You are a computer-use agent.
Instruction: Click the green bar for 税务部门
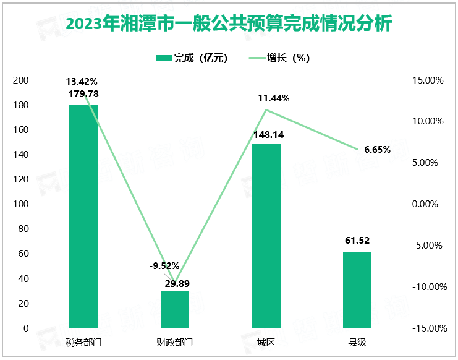pyautogui.click(x=83, y=216)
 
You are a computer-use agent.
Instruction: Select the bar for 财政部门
pyautogui.click(x=175, y=309)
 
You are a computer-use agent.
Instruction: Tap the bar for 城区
pyautogui.click(x=266, y=236)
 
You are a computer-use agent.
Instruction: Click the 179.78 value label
pyautogui.click(x=83, y=94)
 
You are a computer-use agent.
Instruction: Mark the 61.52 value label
pyautogui.click(x=357, y=241)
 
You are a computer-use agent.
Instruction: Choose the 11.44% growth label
pyautogui.click(x=274, y=98)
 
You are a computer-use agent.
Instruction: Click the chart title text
pyautogui.click(x=229, y=25)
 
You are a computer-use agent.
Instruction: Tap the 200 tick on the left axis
pyautogui.click(x=21, y=80)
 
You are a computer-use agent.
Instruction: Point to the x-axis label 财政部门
pyautogui.click(x=175, y=342)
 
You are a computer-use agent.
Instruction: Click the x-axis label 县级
pyautogui.click(x=357, y=342)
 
